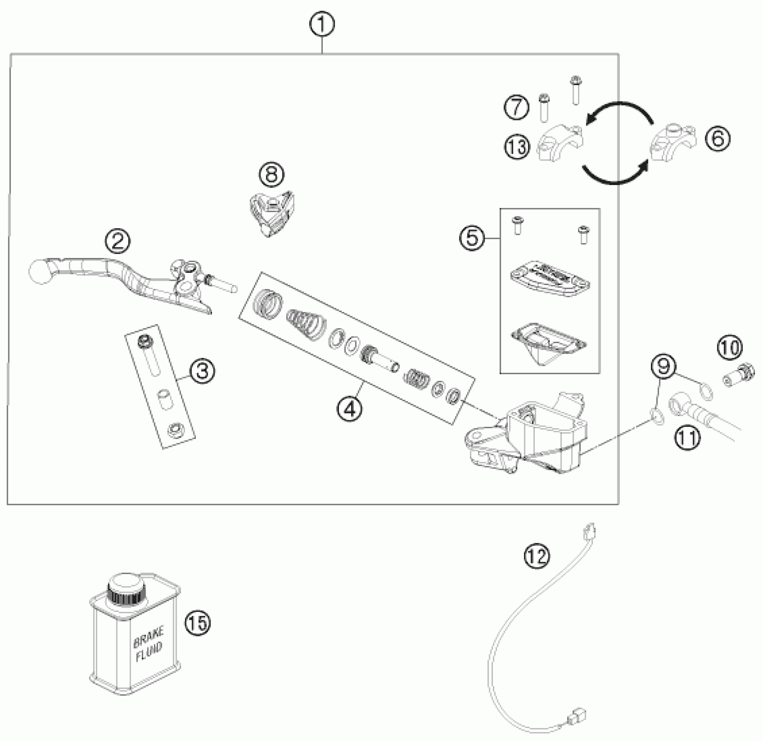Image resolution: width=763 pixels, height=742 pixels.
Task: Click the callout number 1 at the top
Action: click(322, 25)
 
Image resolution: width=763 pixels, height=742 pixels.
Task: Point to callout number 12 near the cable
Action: click(537, 556)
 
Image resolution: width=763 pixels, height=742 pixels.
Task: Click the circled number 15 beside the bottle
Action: click(197, 623)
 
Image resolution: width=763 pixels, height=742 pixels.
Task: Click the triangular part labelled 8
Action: click(272, 213)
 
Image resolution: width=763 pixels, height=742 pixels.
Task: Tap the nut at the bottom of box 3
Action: click(176, 430)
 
